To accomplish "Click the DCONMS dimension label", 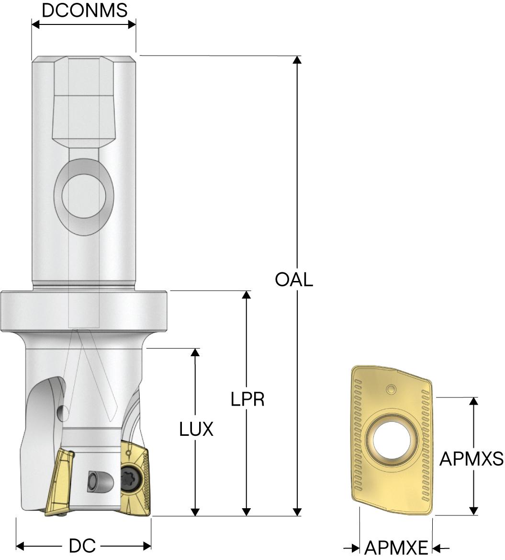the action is [x=85, y=11].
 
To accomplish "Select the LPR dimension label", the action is [x=247, y=399].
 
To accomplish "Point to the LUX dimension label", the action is [x=196, y=429].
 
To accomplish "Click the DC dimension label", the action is [x=82, y=546].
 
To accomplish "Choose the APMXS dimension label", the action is [x=471, y=458].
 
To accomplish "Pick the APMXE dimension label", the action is [x=396, y=548].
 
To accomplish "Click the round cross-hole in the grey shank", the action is [x=84, y=197].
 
